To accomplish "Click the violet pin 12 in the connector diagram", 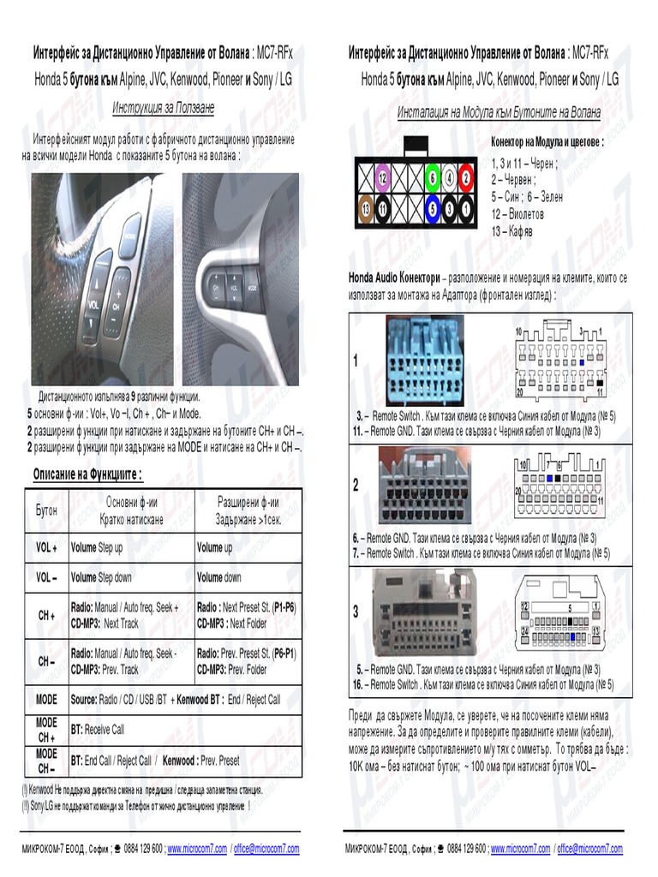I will coord(383,178).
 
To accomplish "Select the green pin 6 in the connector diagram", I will coord(434,178).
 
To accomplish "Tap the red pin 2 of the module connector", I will coord(466,178).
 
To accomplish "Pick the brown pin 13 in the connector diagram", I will coord(367,207).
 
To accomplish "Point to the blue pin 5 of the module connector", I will coord(434,207).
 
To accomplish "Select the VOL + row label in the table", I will coord(46,547).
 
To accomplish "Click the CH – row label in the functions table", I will coord(46,662).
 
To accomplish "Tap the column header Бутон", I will coord(46,510).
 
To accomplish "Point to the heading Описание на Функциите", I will coord(87,474).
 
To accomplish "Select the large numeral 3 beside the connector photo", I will coord(356,612).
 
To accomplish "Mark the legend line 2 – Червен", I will coord(514,179).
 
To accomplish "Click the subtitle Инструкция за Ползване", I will coord(163,109).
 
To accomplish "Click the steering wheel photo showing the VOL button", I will coord(102,278).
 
